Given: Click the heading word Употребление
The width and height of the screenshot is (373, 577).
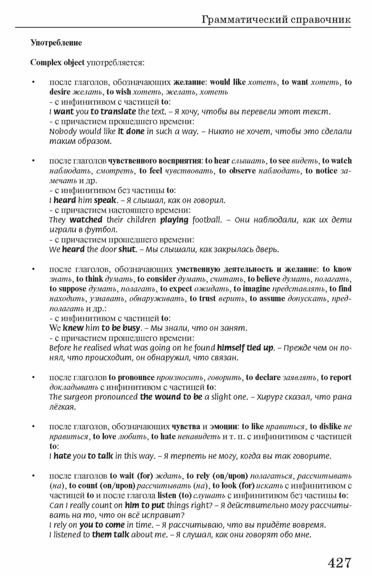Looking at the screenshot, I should [56, 43].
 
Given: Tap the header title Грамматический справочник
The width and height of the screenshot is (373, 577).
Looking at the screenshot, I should [276, 20].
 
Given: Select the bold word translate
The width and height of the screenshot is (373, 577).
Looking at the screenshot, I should [118, 111].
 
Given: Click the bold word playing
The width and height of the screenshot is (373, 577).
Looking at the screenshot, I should [174, 220].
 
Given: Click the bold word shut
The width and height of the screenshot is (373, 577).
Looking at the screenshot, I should [127, 249].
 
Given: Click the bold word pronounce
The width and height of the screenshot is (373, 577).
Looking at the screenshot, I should [136, 377].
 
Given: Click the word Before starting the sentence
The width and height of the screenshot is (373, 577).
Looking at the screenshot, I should [60, 348].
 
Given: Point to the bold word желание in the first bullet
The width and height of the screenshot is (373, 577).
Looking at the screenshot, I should [189, 82].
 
